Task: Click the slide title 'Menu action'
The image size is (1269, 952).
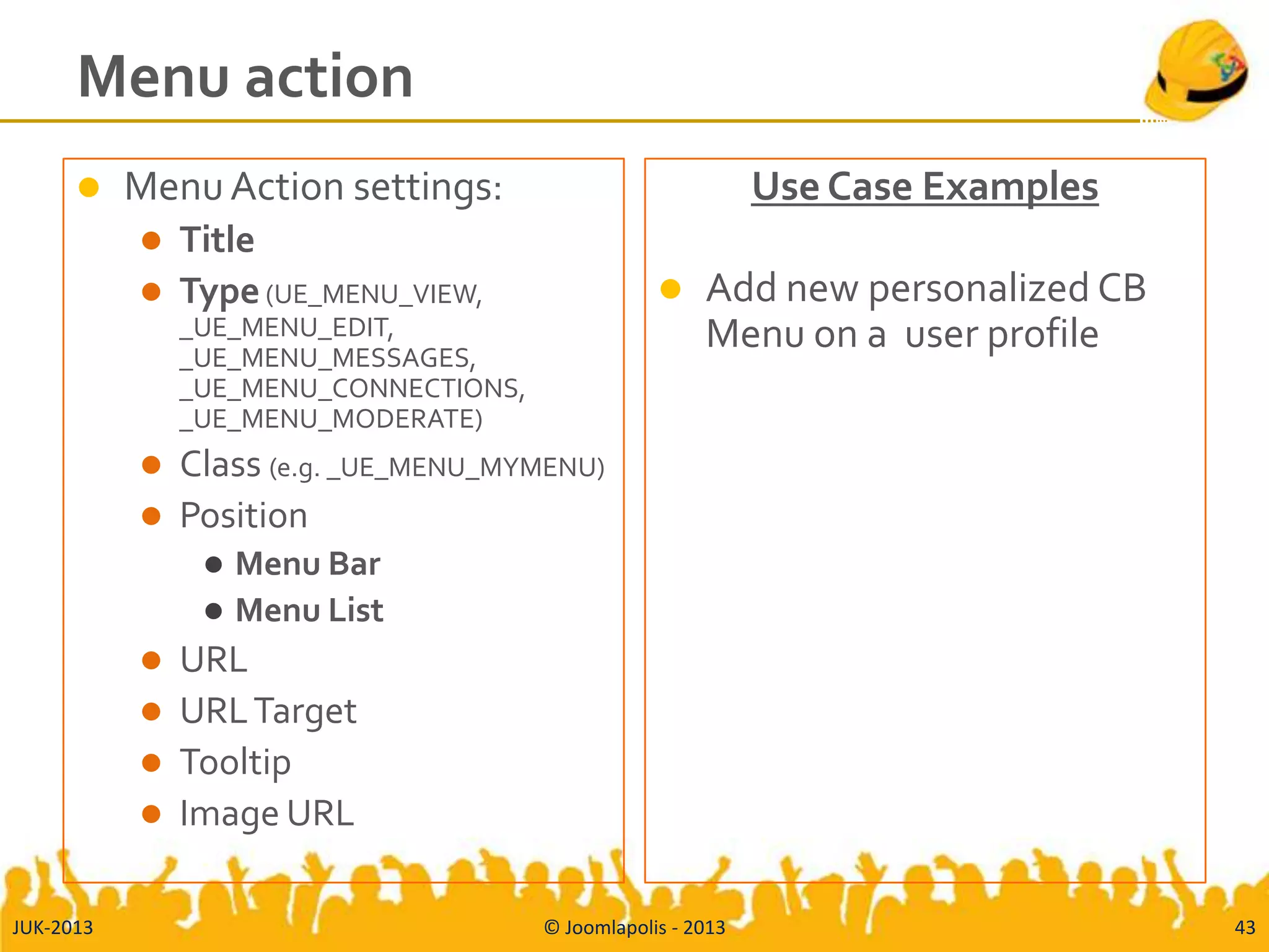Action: [245, 77]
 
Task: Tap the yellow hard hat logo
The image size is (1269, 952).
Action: [1197, 69]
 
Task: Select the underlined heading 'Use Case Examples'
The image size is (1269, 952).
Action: [924, 187]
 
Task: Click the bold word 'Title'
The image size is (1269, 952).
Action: [217, 240]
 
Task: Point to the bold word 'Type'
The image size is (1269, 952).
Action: [219, 291]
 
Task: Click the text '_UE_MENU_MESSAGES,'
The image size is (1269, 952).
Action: [328, 358]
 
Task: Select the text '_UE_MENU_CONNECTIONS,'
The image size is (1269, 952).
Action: [352, 389]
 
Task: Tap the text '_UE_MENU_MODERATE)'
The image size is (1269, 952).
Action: [331, 420]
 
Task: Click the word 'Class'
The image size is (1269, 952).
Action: [220, 464]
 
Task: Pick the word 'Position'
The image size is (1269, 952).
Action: [244, 516]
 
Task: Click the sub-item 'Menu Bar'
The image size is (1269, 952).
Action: [308, 564]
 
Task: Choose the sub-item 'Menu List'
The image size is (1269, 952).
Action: [309, 610]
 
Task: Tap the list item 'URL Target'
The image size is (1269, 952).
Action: [268, 711]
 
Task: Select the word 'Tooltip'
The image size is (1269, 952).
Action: [235, 762]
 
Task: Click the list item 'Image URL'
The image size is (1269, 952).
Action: [266, 814]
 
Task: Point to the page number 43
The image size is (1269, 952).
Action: [1244, 927]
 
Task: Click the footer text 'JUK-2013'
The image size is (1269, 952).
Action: [53, 927]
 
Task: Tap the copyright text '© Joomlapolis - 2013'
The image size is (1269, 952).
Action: [634, 927]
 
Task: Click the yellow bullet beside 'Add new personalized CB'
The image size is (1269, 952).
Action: [670, 289]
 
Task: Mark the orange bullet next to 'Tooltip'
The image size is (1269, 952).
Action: [151, 762]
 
